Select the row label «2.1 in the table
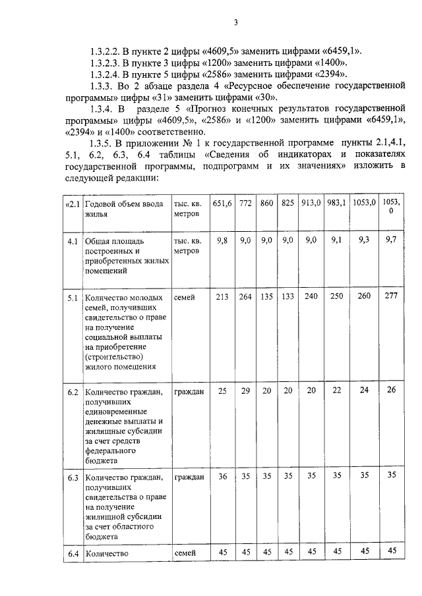click(x=73, y=203)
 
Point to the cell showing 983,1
click(x=336, y=203)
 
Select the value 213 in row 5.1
click(x=222, y=297)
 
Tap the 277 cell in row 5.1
click(x=392, y=297)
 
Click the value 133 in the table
click(x=287, y=297)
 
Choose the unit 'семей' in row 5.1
click(x=185, y=298)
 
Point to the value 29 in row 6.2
click(x=245, y=391)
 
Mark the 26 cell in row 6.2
click(x=392, y=391)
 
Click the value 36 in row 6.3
click(x=222, y=475)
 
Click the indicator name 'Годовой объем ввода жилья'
click(x=125, y=209)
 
